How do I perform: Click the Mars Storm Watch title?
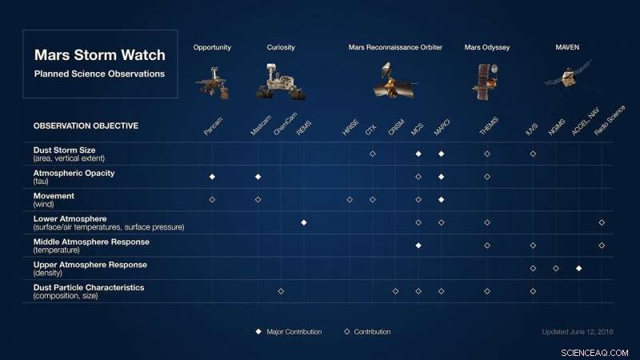[x=99, y=55]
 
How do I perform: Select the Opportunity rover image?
[x=212, y=83]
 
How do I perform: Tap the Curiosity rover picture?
[x=281, y=82]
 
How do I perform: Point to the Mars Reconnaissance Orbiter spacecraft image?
[x=394, y=81]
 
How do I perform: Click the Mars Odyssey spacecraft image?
[x=486, y=82]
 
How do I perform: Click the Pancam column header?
[x=213, y=126]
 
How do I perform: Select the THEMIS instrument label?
[x=489, y=126]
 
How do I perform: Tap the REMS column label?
[x=304, y=128]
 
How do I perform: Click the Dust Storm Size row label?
[x=65, y=150]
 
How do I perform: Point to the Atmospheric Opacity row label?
[x=74, y=173]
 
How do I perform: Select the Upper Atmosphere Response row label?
[x=90, y=265]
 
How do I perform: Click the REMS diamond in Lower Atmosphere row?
[x=304, y=222]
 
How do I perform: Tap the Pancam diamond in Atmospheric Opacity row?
[x=212, y=177]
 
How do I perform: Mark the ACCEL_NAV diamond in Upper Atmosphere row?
[x=578, y=268]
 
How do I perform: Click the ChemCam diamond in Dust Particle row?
[x=281, y=291]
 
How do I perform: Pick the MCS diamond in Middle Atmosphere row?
[x=418, y=246]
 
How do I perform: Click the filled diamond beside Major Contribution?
[x=258, y=332]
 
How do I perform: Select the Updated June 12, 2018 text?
[x=578, y=332]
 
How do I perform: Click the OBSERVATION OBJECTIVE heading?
[x=86, y=126]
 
